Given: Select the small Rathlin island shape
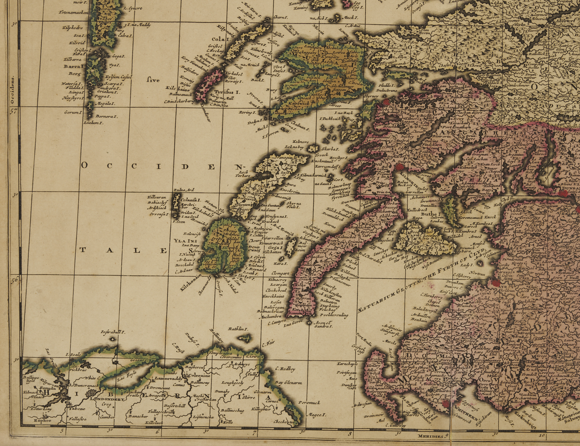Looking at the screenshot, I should (x=244, y=338).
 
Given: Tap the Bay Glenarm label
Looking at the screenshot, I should (x=289, y=382).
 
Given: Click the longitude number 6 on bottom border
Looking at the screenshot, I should (x=157, y=432).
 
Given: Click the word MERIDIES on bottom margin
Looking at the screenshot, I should (x=430, y=436).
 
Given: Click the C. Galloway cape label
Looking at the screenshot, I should (x=395, y=425).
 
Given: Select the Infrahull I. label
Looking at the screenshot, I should (x=112, y=332).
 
